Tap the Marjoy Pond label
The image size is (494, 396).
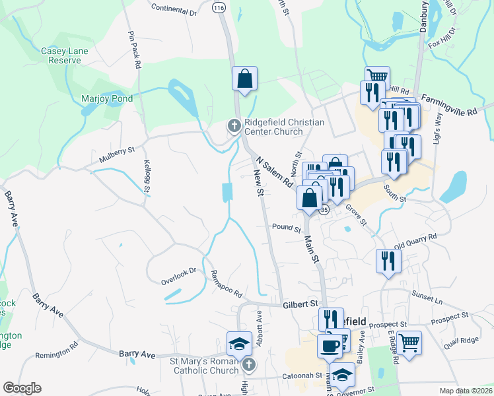click(107, 99)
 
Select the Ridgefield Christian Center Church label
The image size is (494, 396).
click(284, 127)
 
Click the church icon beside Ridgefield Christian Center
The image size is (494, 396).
click(234, 125)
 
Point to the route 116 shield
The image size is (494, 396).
click(219, 7)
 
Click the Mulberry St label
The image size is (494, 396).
click(116, 154)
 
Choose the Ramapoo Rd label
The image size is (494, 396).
click(227, 284)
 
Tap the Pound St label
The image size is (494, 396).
click(287, 228)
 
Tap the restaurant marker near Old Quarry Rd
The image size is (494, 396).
click(388, 260)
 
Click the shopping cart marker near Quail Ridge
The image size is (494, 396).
click(409, 342)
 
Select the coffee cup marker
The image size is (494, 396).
click(330, 345)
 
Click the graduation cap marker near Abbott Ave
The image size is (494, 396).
click(238, 343)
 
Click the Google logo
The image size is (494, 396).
click(22, 387)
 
